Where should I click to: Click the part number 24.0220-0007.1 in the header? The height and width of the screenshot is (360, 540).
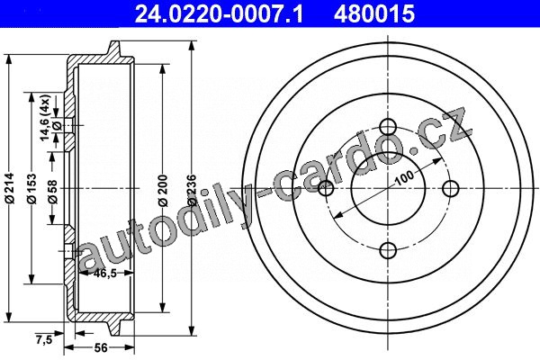coord(219,13)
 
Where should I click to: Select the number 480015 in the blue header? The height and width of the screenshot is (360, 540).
coord(374,13)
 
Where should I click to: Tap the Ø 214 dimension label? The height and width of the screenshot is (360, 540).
coord(10,188)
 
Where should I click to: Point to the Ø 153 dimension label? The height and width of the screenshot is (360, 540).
coord(31,188)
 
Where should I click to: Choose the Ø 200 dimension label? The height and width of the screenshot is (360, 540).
coord(163,191)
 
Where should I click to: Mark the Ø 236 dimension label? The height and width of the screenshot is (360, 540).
coord(192,191)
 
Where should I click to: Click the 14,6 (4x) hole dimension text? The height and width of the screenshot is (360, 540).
coord(46,118)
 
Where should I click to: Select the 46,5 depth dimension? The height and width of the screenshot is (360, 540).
coord(104,274)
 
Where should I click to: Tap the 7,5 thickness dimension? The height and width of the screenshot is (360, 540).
coord(44,340)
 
